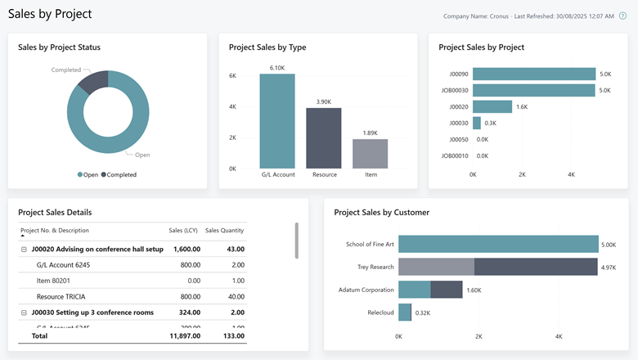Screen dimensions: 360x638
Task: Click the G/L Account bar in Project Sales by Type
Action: (277, 121)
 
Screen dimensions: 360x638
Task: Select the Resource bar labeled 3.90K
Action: (324, 138)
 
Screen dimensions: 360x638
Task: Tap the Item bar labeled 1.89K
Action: (370, 154)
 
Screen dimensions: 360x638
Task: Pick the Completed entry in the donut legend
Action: (119, 174)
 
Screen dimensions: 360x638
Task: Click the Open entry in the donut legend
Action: (88, 174)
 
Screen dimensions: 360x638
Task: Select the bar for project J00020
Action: (492, 106)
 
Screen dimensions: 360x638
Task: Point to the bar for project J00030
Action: (477, 123)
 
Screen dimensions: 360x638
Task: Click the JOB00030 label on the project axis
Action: (455, 90)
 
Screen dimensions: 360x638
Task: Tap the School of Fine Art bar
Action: (498, 244)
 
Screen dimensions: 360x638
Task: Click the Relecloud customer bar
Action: (405, 313)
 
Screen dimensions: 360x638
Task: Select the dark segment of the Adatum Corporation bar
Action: (447, 290)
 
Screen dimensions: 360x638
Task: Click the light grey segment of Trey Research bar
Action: (436, 267)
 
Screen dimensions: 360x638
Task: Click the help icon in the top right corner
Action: (623, 16)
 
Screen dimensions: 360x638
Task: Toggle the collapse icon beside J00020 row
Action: (24, 249)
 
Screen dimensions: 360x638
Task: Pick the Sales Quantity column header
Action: (224, 231)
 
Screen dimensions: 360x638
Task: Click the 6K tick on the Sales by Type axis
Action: (232, 75)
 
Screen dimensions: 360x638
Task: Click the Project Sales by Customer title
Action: (381, 213)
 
